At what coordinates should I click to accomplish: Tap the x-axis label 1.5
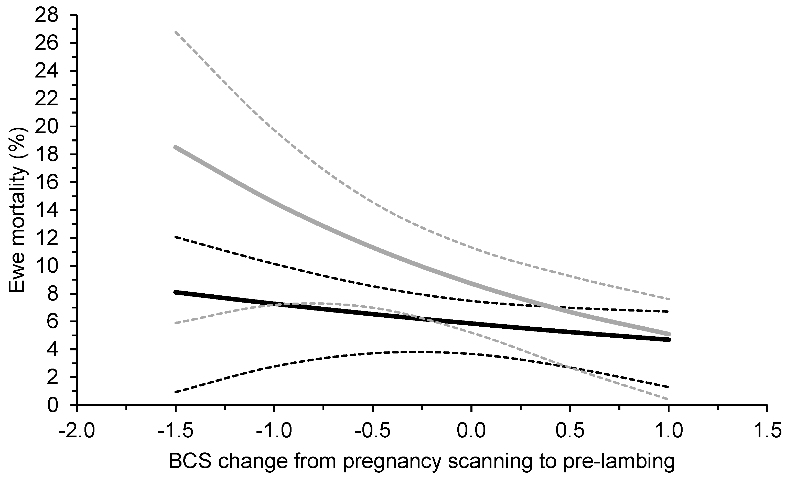(x=767, y=431)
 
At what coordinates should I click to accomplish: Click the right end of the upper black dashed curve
(x=668, y=311)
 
